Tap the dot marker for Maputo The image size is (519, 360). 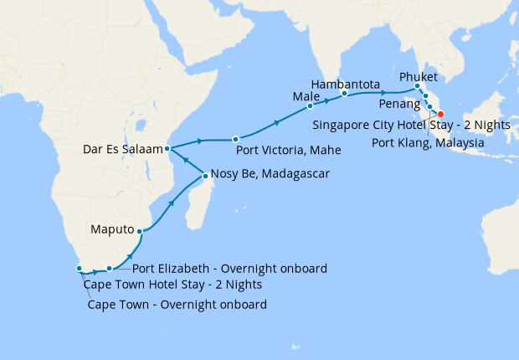point(140,230)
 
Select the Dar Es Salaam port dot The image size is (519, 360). point(168,149)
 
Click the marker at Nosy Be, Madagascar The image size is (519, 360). point(205,176)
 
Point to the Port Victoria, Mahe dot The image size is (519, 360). point(235,139)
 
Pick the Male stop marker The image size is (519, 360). point(310,106)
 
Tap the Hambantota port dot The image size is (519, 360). point(344,95)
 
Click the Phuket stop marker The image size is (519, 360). point(417,86)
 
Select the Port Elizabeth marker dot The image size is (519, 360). point(110,269)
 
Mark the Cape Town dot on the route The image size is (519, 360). point(80,269)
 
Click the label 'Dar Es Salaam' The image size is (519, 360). point(122,151)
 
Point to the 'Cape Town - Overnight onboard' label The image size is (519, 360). point(177,304)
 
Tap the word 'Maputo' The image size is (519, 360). point(112,228)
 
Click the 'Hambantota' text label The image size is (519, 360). point(345,85)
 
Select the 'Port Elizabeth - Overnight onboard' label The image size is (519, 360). point(229,269)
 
